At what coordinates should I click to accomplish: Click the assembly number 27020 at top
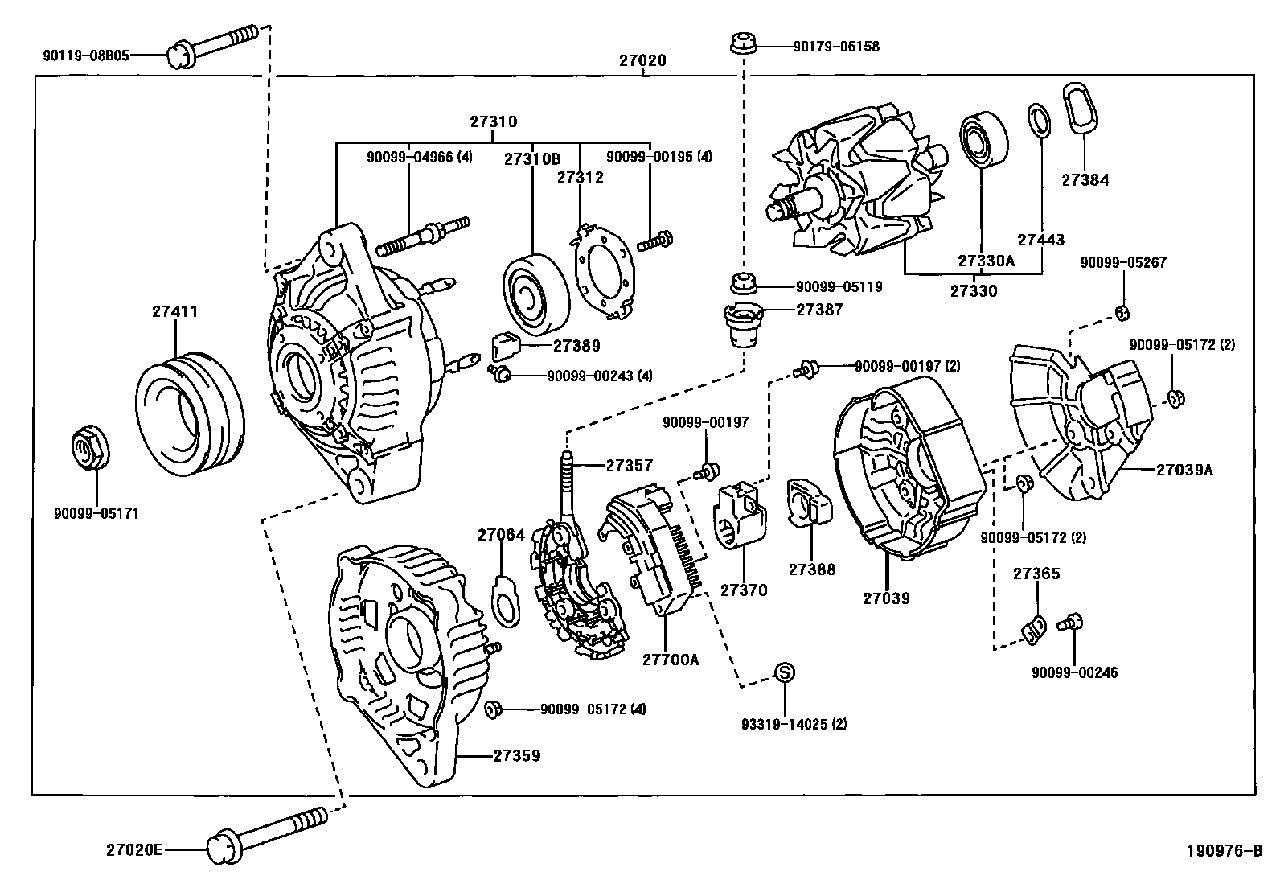point(642,60)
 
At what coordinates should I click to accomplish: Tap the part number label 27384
point(1085,180)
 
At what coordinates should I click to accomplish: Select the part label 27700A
point(671,660)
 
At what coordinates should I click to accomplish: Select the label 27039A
point(1184,470)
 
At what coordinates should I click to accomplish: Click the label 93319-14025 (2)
point(794,724)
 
